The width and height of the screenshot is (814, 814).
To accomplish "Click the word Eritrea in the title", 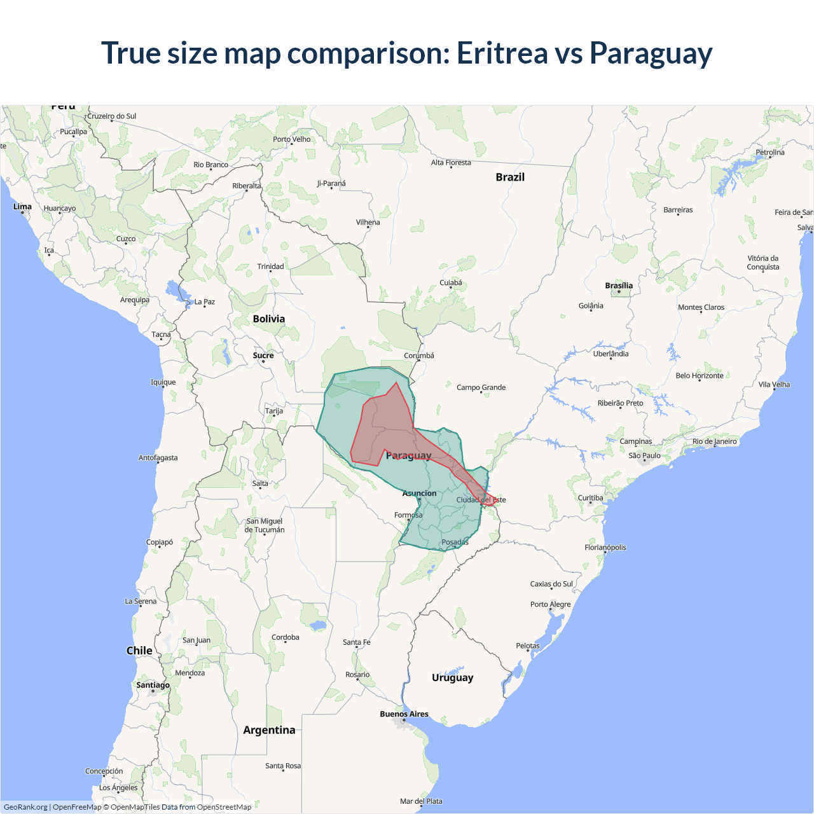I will [502, 53].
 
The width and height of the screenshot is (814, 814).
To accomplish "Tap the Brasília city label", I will [619, 286].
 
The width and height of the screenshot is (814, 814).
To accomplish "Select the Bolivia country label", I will [269, 319].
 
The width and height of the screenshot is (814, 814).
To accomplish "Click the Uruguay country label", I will [452, 677].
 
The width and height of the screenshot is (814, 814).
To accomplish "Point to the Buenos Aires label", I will [404, 714].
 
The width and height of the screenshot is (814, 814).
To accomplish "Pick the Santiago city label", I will [153, 685].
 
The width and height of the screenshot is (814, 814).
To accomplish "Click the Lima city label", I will [22, 207].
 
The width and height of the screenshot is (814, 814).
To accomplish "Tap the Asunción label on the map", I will [419, 493].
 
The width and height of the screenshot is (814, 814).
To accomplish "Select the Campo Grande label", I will [481, 387].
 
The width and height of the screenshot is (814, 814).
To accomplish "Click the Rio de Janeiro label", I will [714, 441].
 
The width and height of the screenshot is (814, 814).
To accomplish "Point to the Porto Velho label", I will [292, 139].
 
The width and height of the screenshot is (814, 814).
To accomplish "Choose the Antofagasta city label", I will [158, 458].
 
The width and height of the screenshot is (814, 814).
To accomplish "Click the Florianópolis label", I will [605, 548].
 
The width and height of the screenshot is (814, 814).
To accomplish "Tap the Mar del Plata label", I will [421, 801].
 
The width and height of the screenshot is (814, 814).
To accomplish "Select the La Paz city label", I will [205, 302].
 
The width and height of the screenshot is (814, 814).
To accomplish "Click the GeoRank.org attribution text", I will [25, 807].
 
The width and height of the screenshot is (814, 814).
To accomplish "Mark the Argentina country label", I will [269, 730].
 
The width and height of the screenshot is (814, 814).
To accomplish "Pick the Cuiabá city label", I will [451, 283].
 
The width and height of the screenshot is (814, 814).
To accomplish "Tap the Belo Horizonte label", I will [699, 376].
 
